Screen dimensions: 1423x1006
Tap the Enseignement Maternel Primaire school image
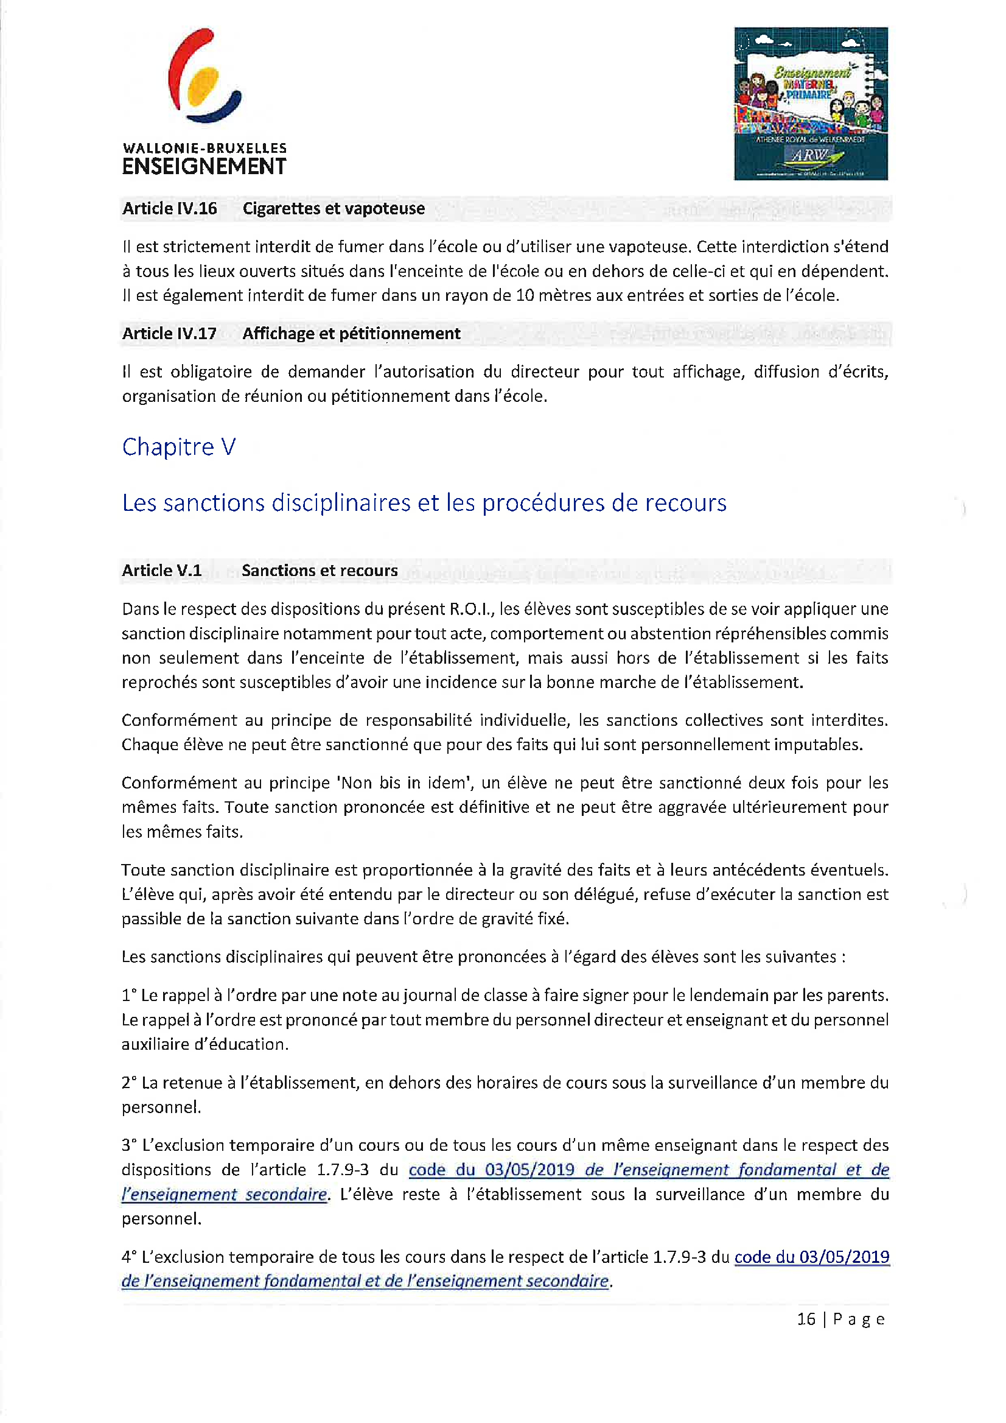point(810,104)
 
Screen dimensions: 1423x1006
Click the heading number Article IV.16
point(169,209)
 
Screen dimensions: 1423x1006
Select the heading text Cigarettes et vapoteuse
point(334,209)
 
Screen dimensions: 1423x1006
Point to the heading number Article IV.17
point(169,334)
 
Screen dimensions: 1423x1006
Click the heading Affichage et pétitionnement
point(351,334)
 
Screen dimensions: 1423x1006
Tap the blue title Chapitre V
point(178,447)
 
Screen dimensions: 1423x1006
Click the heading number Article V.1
point(161,571)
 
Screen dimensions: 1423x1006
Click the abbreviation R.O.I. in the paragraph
point(470,610)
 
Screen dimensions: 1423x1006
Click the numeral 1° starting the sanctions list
point(129,996)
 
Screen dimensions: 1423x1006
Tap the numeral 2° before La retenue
point(129,1083)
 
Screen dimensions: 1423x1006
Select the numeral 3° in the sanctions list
point(129,1145)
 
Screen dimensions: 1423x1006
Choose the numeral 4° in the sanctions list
point(129,1257)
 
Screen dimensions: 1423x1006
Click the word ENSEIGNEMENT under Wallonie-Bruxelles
point(204,167)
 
